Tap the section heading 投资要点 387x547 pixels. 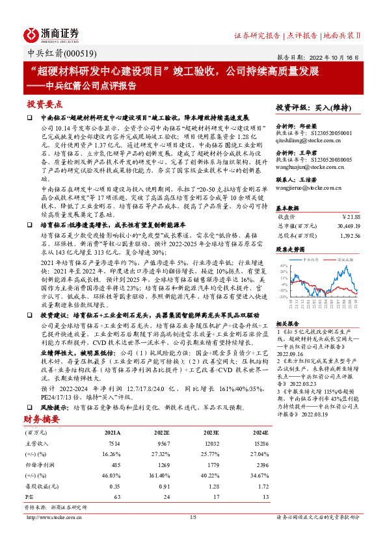pyautogui.click(x=45, y=104)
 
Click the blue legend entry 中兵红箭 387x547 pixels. pyautogui.click(x=314, y=259)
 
